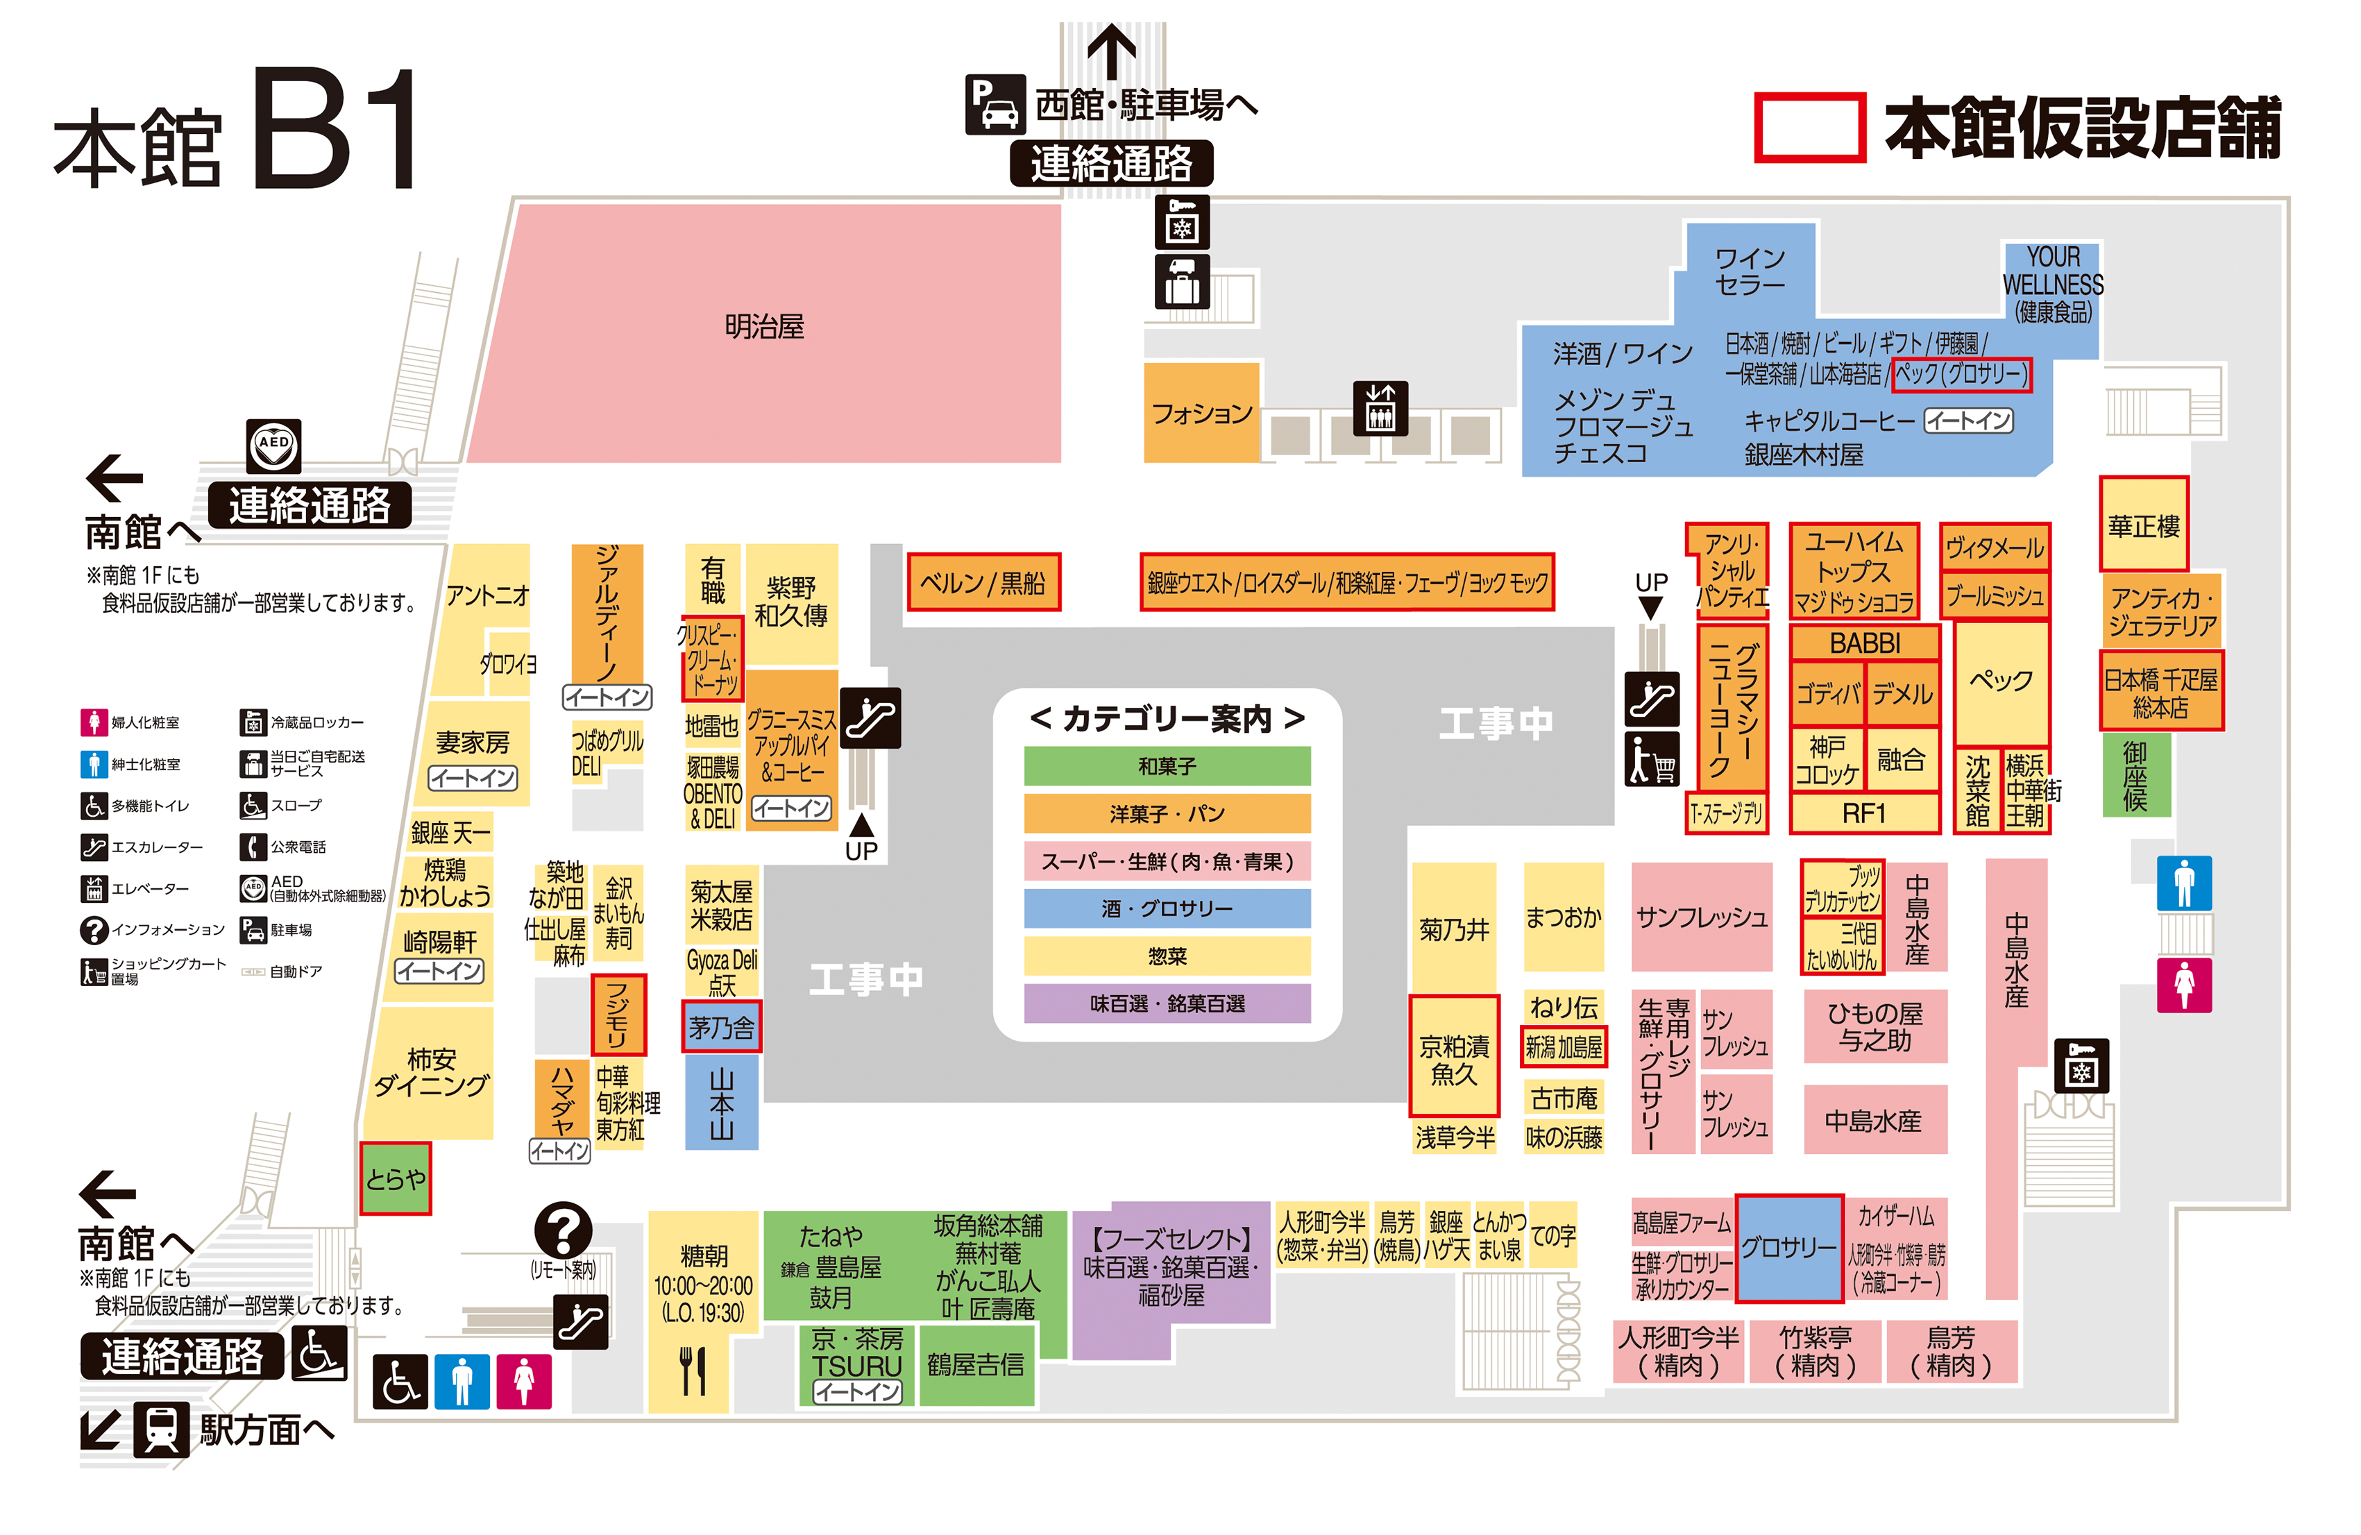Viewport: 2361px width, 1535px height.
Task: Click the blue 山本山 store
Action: pyautogui.click(x=721, y=1101)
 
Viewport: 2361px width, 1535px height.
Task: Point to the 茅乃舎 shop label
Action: pyautogui.click(x=721, y=1027)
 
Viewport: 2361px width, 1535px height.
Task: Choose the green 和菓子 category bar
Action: pyautogui.click(x=1167, y=766)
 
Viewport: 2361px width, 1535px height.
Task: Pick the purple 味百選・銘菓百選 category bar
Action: pyautogui.click(x=1167, y=1003)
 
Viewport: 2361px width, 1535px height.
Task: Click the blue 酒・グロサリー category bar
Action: pyautogui.click(x=1167, y=908)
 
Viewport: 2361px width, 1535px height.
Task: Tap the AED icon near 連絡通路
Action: pyautogui.click(x=273, y=446)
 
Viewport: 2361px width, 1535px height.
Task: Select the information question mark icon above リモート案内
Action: pyautogui.click(x=562, y=1230)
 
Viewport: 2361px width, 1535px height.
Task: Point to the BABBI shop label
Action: pyautogui.click(x=1864, y=643)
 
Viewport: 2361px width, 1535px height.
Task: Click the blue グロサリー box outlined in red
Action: pyautogui.click(x=1788, y=1247)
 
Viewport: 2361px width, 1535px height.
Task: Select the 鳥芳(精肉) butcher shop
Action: pyautogui.click(x=1950, y=1351)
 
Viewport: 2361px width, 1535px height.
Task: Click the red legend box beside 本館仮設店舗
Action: pyautogui.click(x=1809, y=127)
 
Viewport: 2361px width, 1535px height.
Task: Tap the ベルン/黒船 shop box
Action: pyautogui.click(x=983, y=582)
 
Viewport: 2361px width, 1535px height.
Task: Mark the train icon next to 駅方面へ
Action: pyautogui.click(x=161, y=1430)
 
